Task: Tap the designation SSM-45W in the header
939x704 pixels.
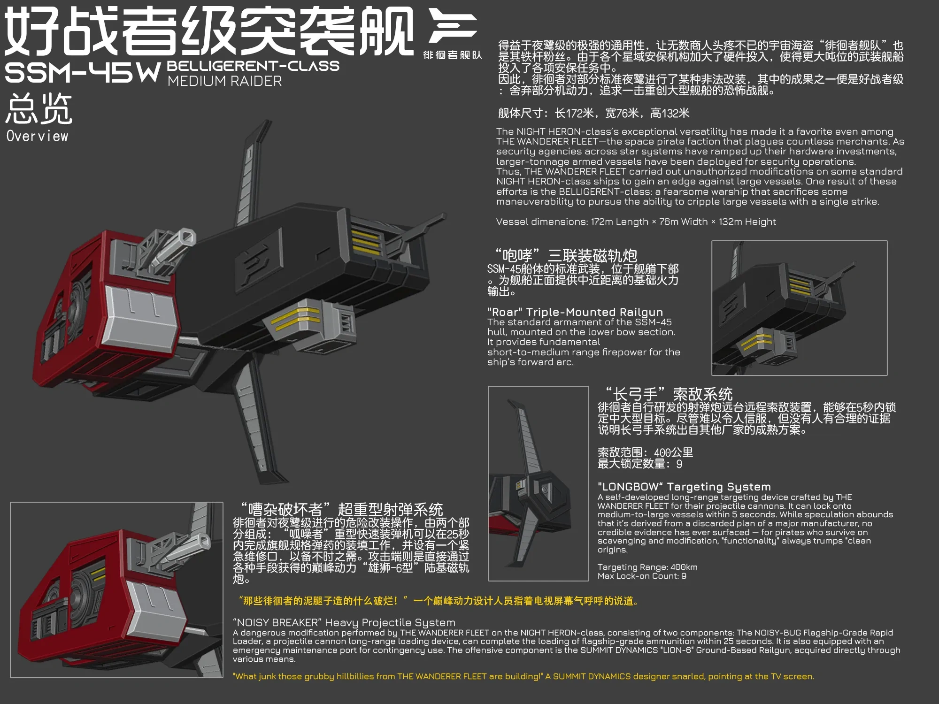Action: pyautogui.click(x=83, y=73)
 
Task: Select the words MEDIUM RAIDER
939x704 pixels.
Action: pyautogui.click(x=224, y=81)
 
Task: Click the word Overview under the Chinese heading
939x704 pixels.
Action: pyautogui.click(x=38, y=136)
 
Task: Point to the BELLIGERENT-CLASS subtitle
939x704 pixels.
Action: pyautogui.click(x=253, y=66)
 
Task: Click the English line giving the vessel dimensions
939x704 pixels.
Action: pyautogui.click(x=636, y=222)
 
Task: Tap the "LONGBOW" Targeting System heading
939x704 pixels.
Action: pyautogui.click(x=684, y=487)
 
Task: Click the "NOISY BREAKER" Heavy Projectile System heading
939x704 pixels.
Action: pyautogui.click(x=344, y=622)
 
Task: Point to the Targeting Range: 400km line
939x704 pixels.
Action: pyautogui.click(x=647, y=567)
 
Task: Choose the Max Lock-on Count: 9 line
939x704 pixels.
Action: pyautogui.click(x=642, y=576)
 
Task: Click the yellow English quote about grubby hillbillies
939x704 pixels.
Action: pyautogui.click(x=523, y=676)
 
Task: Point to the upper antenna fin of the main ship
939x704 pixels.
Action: pyautogui.click(x=251, y=174)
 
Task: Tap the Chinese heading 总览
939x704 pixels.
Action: pyautogui.click(x=39, y=108)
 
